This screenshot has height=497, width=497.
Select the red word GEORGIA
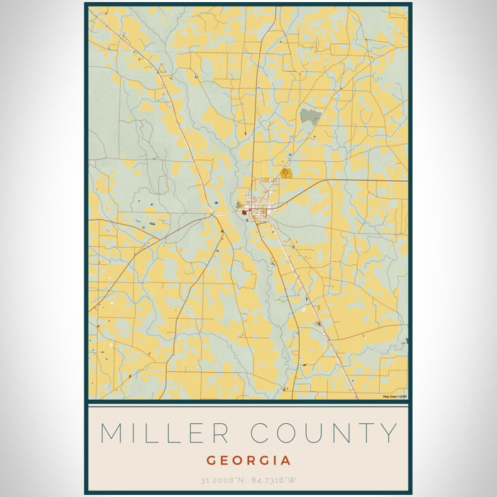tap(248, 460)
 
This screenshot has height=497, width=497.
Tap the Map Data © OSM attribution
tap(395, 396)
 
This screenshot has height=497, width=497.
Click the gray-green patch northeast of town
tap(310, 115)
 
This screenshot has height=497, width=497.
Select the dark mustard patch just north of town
tap(286, 173)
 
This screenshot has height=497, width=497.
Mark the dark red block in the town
tap(246, 211)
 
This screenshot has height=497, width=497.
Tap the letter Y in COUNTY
tap(388, 433)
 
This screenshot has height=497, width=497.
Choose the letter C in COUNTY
tap(261, 433)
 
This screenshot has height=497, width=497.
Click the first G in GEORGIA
tap(212, 460)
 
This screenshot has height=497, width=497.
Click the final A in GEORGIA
tap(286, 460)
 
